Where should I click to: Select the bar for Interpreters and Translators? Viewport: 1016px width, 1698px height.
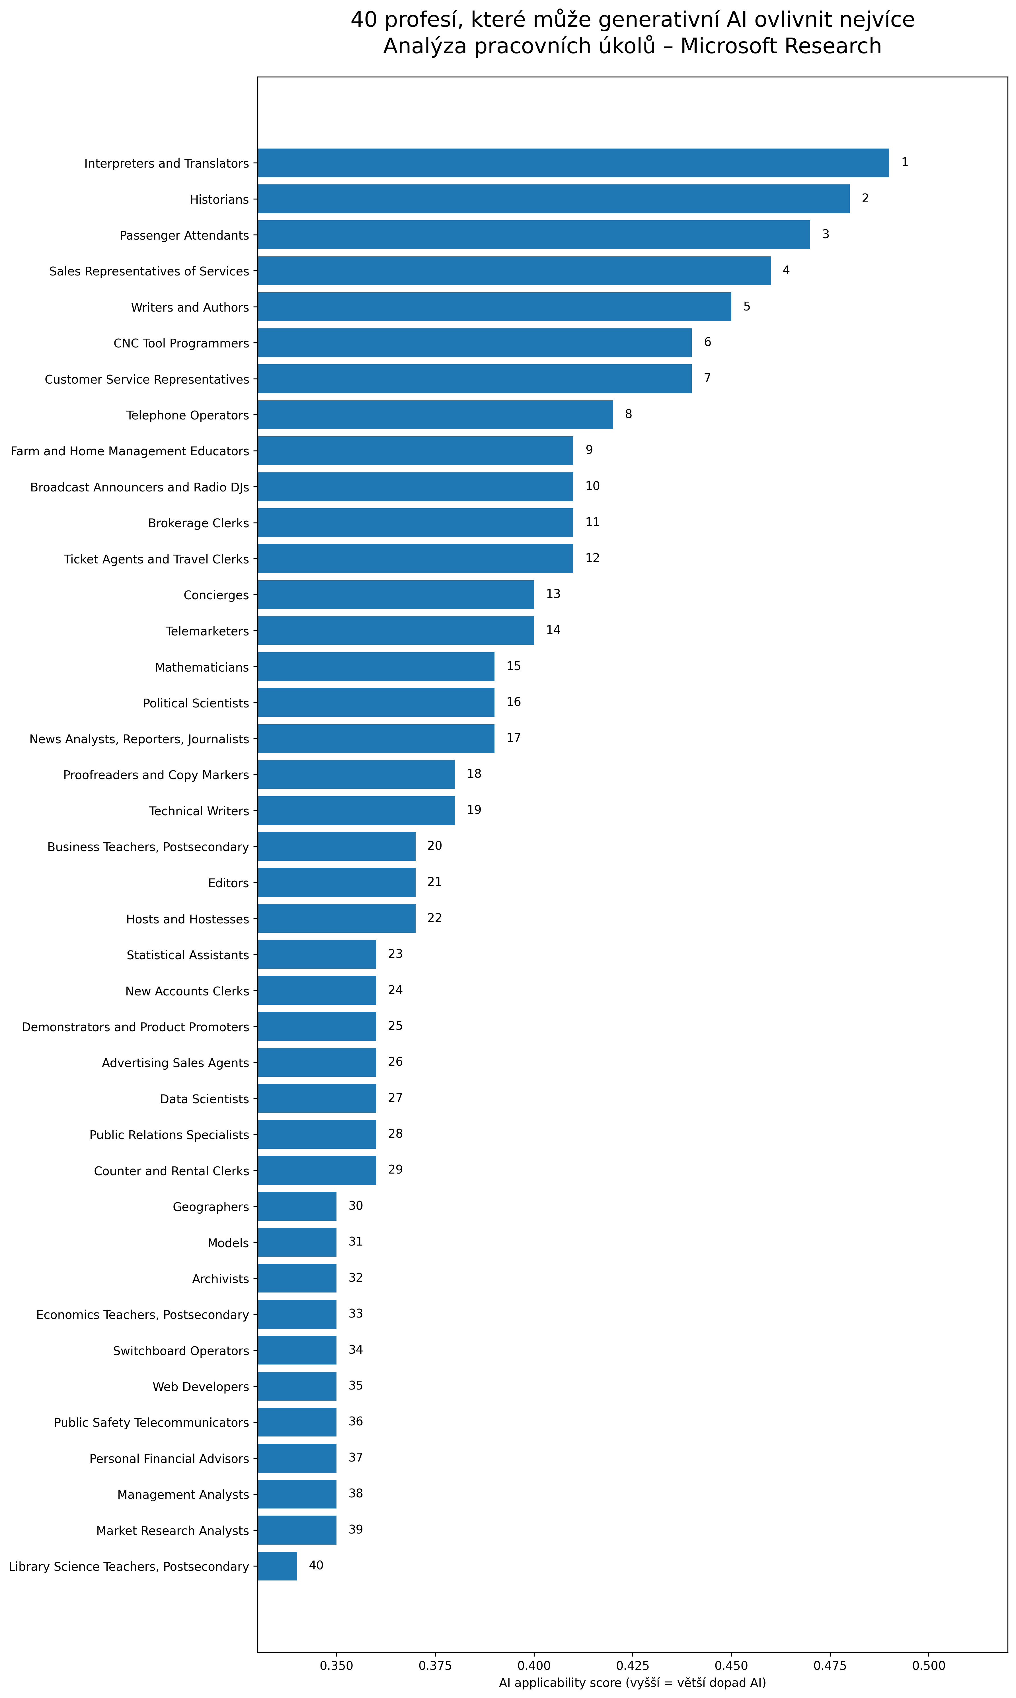tap(573, 163)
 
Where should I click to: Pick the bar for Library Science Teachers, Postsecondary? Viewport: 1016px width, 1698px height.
tap(277, 1566)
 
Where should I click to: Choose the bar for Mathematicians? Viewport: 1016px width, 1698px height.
tap(376, 667)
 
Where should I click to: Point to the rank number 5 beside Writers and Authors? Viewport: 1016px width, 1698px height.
tap(746, 306)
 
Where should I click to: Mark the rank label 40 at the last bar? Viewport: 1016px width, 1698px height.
tap(316, 1565)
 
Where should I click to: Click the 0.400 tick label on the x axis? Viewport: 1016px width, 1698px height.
tap(533, 1665)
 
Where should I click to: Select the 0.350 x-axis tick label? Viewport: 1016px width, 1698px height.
tap(336, 1665)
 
